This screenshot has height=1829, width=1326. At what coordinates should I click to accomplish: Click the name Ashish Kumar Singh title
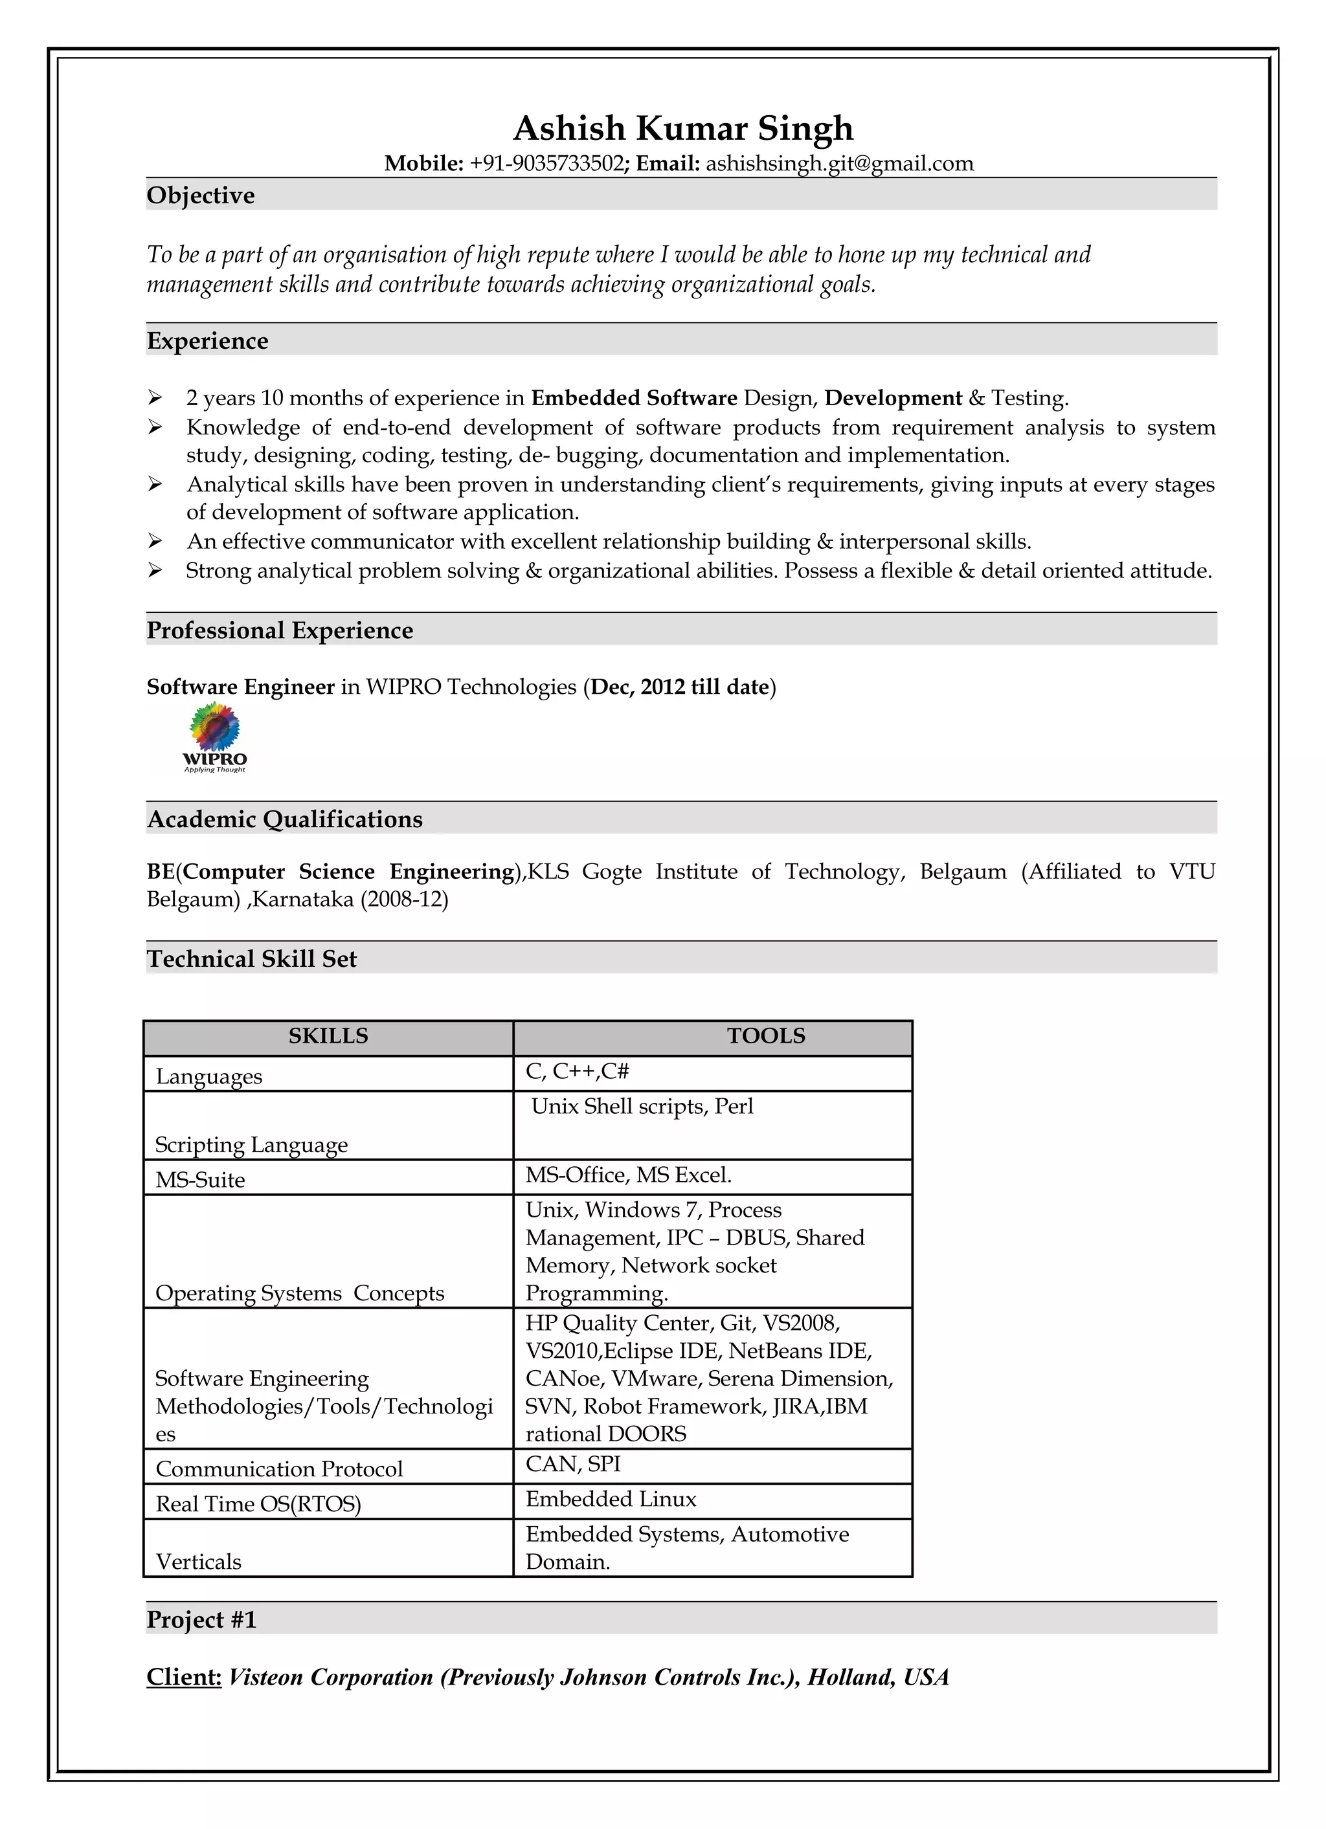[x=682, y=128]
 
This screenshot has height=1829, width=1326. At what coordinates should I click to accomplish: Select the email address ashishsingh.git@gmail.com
[x=839, y=164]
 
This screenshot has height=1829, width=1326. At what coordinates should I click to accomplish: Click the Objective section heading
[x=201, y=195]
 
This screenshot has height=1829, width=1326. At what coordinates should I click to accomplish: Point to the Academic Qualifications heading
[x=285, y=819]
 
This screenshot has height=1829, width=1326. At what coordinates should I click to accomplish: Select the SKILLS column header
[x=328, y=1036]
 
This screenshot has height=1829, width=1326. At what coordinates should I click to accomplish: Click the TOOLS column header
[x=765, y=1036]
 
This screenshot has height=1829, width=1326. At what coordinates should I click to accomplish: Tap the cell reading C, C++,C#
[x=578, y=1071]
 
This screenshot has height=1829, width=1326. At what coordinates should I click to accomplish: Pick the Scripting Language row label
[x=251, y=1144]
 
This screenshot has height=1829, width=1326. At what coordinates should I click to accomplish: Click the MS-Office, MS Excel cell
[x=628, y=1175]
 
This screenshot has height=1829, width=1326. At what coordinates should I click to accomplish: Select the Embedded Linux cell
[x=611, y=1499]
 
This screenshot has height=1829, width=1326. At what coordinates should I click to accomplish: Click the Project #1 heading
[x=201, y=1620]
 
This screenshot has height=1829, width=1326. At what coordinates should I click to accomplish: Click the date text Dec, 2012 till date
[x=679, y=687]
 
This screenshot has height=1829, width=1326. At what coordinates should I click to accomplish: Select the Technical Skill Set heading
[x=252, y=959]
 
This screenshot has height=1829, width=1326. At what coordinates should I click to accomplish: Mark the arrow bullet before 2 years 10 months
[x=155, y=397]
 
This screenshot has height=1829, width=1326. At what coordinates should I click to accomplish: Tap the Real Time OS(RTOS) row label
[x=258, y=1504]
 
